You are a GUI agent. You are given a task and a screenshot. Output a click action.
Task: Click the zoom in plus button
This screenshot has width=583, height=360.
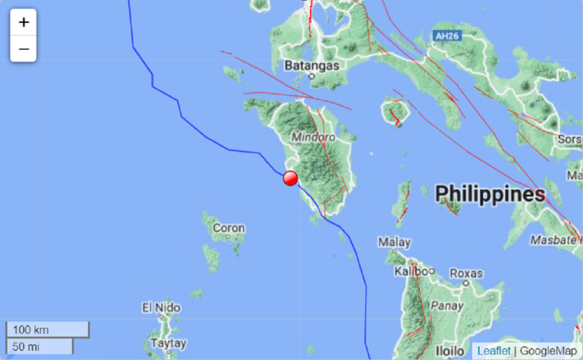[24, 22]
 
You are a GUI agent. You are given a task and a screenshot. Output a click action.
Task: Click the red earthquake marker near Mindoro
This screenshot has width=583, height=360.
[290, 178]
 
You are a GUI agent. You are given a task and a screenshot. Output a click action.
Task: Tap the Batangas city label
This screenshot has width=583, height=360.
[311, 65]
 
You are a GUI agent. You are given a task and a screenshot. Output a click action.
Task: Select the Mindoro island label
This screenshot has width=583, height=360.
[314, 138]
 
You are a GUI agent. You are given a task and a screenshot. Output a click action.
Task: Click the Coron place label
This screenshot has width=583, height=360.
[228, 227]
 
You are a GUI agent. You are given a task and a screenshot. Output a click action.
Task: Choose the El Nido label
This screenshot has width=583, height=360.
[162, 308]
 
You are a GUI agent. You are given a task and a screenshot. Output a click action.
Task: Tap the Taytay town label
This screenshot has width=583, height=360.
[168, 343]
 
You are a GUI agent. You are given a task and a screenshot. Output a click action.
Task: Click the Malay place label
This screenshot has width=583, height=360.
[395, 243]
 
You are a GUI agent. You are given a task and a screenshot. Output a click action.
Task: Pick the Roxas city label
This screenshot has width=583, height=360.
[466, 273]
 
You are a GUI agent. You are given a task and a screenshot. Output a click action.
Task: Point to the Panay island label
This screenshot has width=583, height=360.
[446, 306]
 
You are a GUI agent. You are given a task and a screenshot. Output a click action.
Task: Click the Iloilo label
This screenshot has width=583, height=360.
[452, 352]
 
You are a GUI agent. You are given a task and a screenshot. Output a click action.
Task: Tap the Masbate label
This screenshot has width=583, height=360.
[554, 239]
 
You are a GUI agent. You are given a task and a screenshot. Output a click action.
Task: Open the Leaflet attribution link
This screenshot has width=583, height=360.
[493, 350]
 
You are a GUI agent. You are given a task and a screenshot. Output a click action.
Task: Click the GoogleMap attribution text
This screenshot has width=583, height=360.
[548, 350]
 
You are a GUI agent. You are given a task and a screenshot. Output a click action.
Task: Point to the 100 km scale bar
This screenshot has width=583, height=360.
[48, 330]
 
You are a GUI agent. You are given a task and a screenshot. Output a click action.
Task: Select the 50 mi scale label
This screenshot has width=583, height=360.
[27, 347]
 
